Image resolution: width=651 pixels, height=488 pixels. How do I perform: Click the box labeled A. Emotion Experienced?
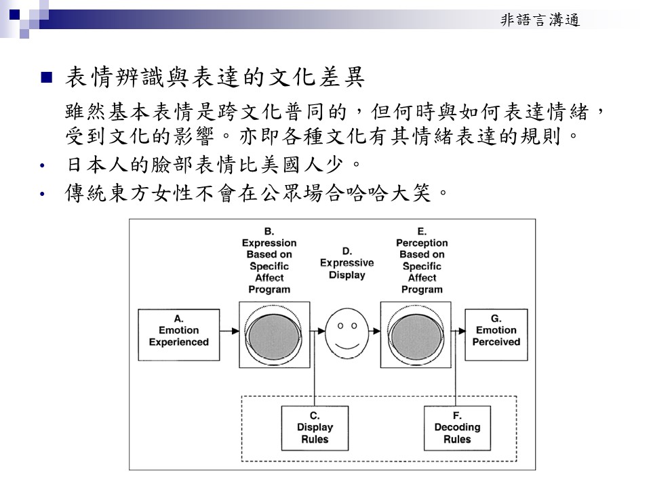(x=178, y=330)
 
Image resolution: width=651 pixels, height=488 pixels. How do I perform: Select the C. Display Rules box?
(x=315, y=428)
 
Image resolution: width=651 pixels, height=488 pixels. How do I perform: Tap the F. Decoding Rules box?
(x=457, y=428)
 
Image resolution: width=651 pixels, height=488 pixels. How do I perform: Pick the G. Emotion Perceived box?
(x=496, y=330)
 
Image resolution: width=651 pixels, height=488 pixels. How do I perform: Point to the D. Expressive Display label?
(x=347, y=263)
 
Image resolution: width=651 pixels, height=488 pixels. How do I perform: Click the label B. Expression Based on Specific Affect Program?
(x=269, y=260)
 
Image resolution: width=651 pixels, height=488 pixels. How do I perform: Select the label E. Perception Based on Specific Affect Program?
(x=422, y=260)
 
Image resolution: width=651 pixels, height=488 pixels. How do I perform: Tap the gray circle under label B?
(x=274, y=335)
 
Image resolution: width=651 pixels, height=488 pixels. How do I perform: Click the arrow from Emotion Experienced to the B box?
(x=229, y=331)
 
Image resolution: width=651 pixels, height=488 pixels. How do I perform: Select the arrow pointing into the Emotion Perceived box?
(x=458, y=331)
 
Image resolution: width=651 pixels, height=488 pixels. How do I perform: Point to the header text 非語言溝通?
(x=540, y=20)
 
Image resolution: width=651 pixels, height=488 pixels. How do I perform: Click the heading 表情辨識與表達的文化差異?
(x=215, y=78)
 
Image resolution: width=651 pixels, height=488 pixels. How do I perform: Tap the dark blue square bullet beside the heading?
(x=47, y=77)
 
